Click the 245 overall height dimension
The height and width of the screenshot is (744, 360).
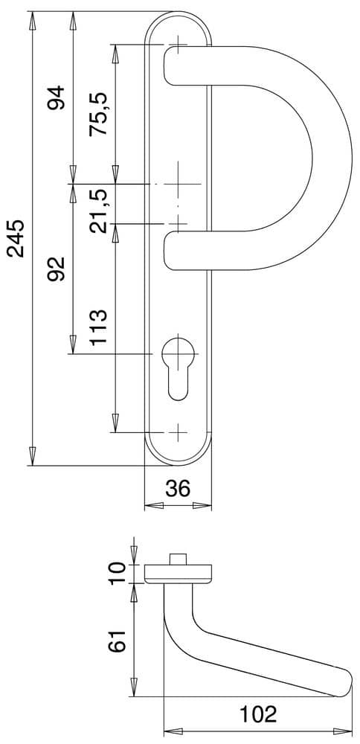[x=16, y=238]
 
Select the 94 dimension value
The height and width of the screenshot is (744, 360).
[x=56, y=97]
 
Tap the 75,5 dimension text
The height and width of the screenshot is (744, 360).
[x=98, y=115]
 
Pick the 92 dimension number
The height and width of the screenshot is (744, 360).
[x=56, y=269]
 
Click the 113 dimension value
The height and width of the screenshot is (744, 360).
[x=98, y=328]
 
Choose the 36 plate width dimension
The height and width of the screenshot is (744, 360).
[x=178, y=488]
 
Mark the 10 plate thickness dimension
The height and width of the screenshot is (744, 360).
[x=118, y=574]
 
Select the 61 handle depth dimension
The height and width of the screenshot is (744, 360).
[x=118, y=641]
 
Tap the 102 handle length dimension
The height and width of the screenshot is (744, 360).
[x=258, y=714]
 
